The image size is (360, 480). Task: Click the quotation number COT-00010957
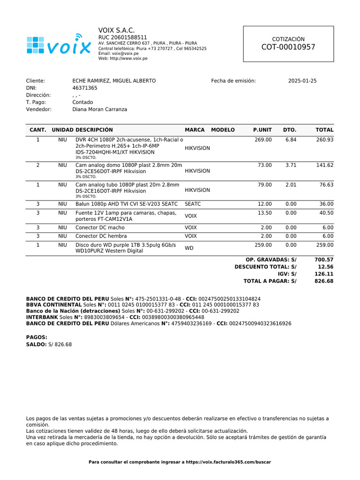tap(288, 47)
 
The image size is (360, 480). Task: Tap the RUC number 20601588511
tap(122, 37)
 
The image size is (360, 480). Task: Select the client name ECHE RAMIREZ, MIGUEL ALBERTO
tap(114, 81)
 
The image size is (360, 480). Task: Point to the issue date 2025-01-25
tap(302, 81)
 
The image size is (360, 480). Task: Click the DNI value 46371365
tap(85, 88)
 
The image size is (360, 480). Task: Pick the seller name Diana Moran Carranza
tap(99, 109)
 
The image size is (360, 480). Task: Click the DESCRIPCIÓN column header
tap(94, 130)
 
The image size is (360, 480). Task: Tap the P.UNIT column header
tap(262, 130)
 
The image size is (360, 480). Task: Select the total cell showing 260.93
tap(325, 140)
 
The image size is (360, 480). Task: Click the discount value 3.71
tap(291, 165)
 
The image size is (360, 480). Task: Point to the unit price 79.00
tap(265, 185)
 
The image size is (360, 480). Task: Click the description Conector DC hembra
tap(101, 236)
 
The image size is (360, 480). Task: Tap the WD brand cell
tap(189, 248)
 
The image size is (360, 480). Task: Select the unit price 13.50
tap(265, 213)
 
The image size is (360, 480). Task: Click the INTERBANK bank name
tap(42, 317)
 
